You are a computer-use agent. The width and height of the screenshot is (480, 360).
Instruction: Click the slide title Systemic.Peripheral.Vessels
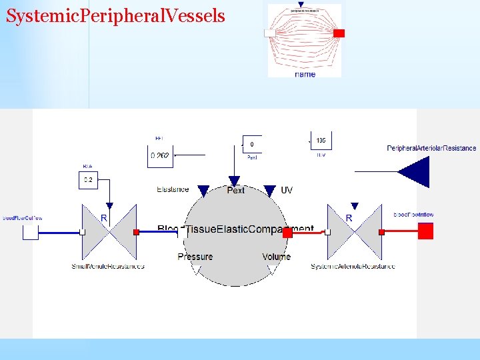point(115,16)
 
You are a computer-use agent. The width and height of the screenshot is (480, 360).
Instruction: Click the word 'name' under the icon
point(305,75)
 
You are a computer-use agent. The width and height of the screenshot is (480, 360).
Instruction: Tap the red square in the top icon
point(339,33)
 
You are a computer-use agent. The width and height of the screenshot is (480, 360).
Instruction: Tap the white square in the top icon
point(270,33)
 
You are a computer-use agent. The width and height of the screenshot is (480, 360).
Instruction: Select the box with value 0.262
point(160,156)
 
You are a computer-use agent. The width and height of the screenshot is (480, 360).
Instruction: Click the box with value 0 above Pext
point(252,144)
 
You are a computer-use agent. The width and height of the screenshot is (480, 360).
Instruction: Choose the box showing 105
point(321,141)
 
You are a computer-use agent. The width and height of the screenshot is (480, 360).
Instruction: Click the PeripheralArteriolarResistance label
point(431,148)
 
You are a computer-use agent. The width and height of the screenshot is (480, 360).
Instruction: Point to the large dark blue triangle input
point(415,172)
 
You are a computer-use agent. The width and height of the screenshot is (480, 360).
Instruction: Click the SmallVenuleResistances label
point(108,267)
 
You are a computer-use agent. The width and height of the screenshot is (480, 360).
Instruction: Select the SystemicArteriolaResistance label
point(353,267)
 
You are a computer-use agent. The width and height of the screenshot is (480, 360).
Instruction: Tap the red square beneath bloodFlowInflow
point(425,231)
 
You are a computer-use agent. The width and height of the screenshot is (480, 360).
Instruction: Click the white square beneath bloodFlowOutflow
point(31,232)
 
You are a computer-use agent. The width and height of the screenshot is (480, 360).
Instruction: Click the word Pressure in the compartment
point(195,257)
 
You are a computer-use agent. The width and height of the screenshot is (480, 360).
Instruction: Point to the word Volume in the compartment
point(276,257)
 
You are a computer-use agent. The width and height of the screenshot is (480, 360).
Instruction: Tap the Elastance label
point(173,190)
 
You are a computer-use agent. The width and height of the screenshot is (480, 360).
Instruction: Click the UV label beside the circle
point(287,190)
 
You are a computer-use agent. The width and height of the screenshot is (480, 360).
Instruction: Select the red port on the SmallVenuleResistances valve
point(136,232)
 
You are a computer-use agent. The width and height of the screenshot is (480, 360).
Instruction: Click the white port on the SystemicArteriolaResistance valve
point(327,232)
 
